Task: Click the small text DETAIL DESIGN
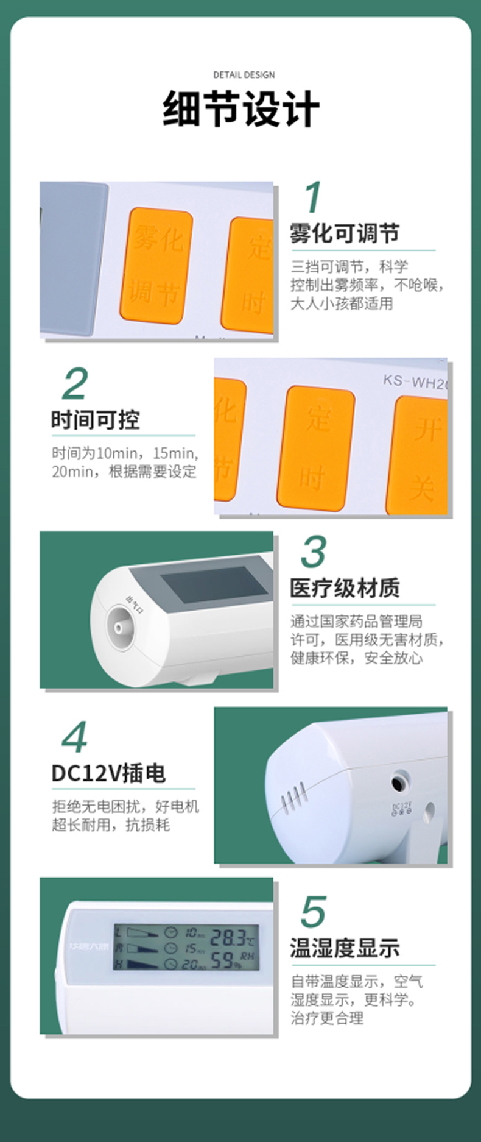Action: point(244,75)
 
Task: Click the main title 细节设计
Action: point(241,110)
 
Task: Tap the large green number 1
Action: point(313,197)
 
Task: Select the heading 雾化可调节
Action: point(345,233)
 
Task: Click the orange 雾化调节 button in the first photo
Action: point(156,265)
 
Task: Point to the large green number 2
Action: point(75,384)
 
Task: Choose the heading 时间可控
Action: point(96,420)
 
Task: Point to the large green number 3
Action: point(314,552)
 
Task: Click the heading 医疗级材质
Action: point(345,589)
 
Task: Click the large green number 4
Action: point(75,737)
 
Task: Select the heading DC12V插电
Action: point(108,773)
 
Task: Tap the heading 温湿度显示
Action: point(345,948)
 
